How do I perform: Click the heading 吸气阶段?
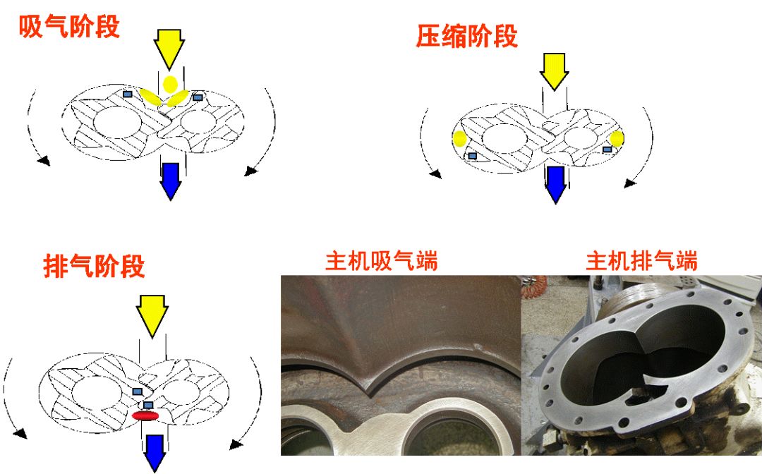(x=69, y=27)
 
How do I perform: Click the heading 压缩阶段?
(x=466, y=37)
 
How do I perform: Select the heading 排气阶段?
(x=94, y=267)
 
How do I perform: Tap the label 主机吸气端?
(x=381, y=262)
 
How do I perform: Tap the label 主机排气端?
(x=641, y=262)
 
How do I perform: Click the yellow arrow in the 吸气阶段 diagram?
(x=169, y=47)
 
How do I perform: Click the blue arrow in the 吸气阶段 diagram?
(x=171, y=180)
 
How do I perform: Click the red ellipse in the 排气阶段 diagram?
(x=145, y=416)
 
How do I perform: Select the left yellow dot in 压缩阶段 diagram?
(x=459, y=138)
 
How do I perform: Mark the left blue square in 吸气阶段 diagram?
(x=128, y=94)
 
